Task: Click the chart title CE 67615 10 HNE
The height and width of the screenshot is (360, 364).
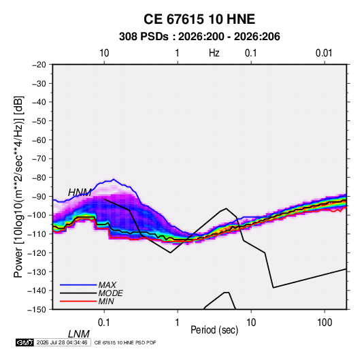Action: point(199,19)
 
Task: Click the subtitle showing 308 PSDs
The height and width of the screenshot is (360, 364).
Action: point(199,37)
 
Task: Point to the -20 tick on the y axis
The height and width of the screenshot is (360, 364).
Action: point(39,65)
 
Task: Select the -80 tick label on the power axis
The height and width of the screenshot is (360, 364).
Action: point(39,178)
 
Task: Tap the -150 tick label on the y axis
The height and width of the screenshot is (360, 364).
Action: point(37,310)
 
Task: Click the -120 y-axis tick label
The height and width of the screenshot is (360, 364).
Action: point(37,253)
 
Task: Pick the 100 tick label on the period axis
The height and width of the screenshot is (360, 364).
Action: point(325,323)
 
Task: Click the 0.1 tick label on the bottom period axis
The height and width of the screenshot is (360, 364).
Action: point(104,323)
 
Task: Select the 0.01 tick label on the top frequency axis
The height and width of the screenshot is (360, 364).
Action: point(324,53)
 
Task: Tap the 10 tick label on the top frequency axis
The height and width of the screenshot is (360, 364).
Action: point(104,53)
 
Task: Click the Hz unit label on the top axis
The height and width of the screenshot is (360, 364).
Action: point(214,53)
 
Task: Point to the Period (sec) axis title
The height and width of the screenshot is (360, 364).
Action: point(214,330)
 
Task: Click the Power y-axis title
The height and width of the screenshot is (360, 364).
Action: point(18,186)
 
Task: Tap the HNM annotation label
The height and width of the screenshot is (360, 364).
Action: point(80,193)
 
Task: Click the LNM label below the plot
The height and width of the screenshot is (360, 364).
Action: point(79,334)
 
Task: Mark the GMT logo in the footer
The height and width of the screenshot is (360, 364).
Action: point(25,342)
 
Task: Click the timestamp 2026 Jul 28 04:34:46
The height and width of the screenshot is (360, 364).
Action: point(62,342)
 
